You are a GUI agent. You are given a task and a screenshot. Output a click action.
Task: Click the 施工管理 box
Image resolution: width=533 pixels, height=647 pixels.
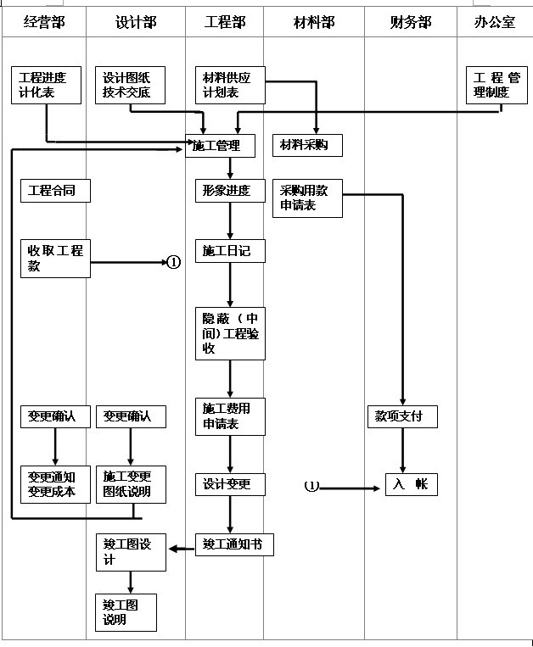[x=220, y=146]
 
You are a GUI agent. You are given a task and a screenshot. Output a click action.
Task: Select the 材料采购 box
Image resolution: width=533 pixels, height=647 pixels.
[x=307, y=145]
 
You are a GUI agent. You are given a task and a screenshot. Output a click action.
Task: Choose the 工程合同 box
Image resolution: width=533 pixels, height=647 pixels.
[x=55, y=191]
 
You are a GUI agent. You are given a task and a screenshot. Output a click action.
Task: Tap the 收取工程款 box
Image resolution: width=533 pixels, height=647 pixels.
[x=55, y=259]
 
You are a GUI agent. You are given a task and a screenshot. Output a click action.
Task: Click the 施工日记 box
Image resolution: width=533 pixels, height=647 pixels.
[x=227, y=250]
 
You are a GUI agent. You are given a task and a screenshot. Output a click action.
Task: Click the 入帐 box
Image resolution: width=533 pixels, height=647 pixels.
[x=412, y=484]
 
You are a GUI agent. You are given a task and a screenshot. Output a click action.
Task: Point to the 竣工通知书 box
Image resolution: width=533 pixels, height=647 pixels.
[x=234, y=544]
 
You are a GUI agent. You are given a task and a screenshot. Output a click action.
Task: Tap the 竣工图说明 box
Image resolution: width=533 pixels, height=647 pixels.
[x=126, y=612]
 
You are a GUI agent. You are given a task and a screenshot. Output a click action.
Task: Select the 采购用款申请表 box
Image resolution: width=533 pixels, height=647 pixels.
[x=307, y=198]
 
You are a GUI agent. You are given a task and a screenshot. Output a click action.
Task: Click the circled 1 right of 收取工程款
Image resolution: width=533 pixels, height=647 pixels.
[x=174, y=263]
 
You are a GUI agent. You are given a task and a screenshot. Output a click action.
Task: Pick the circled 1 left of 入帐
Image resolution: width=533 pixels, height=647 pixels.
[x=311, y=487]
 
